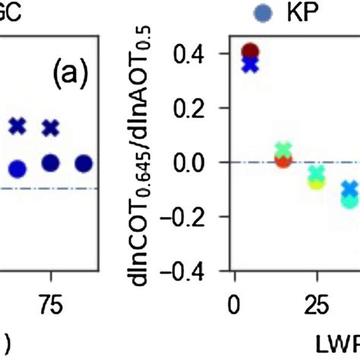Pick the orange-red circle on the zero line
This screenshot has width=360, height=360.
point(283,159)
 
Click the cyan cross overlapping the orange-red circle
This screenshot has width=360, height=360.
point(283,150)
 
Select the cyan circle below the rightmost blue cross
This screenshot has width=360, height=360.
point(349,201)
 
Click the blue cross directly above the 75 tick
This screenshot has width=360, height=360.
point(50,128)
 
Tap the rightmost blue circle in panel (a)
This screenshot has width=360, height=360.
point(84,163)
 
